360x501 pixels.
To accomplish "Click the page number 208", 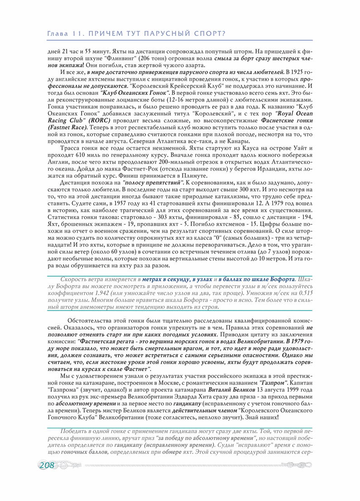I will point(47,465).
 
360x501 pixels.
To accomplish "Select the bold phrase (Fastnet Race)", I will point(68,128).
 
